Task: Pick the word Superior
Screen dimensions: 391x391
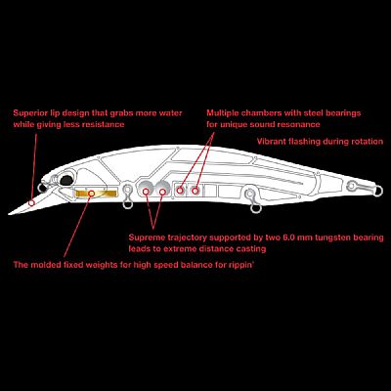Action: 31,113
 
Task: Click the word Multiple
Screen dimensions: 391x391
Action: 225,113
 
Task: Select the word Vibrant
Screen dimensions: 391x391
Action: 274,142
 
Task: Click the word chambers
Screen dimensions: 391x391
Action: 267,113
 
